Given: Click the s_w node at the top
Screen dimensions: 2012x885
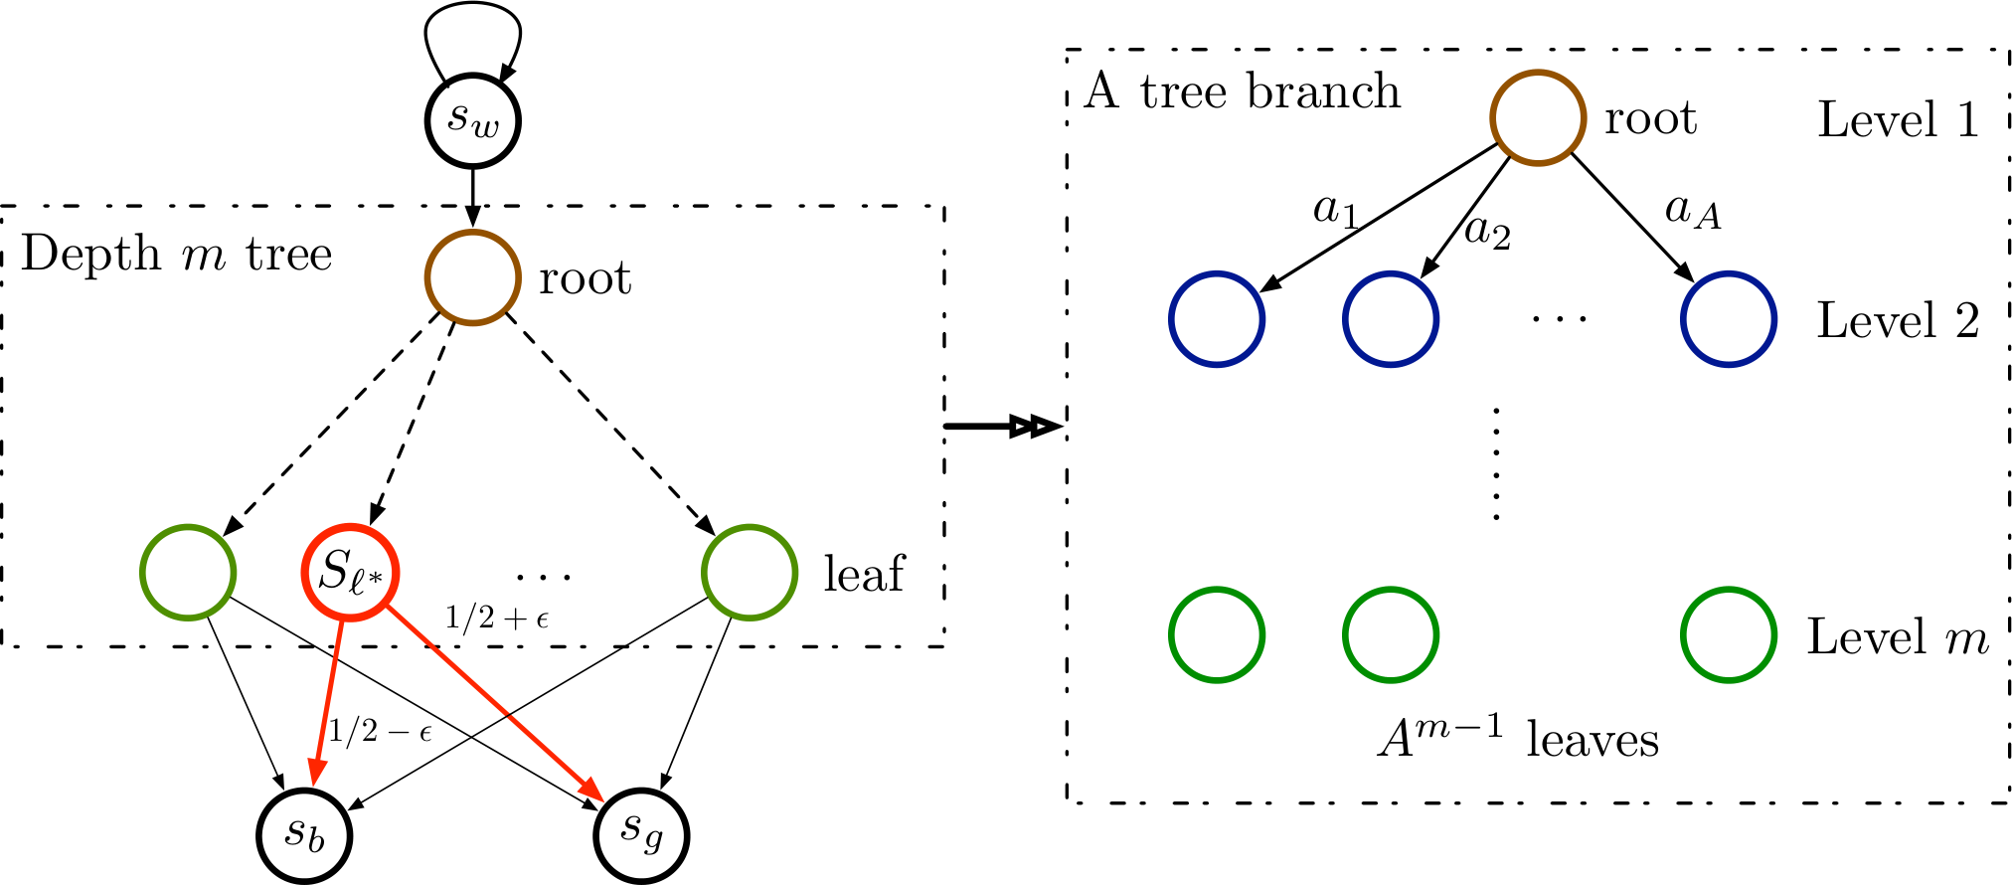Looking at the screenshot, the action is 472,120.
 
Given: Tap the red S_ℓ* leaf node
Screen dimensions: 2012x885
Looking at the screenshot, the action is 350,573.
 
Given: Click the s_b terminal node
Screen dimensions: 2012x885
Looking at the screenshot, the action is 304,835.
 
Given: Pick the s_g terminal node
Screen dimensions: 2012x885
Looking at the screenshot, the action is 641,835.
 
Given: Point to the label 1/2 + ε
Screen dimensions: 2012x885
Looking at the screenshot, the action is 497,619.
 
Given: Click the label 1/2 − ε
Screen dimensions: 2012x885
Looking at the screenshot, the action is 381,733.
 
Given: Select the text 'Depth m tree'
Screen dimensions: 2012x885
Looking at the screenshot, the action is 177,255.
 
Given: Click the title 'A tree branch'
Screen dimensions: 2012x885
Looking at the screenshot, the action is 1243,91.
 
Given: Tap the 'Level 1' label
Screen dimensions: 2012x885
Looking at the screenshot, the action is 1898,120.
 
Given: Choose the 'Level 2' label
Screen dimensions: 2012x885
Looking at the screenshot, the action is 1898,320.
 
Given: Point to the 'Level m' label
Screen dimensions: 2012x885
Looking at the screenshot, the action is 1898,636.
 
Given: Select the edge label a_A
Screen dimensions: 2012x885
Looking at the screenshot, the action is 1693,212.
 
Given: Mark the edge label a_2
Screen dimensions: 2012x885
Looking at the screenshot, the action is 1488,232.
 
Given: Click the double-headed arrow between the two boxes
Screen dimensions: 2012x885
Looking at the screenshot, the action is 1003,428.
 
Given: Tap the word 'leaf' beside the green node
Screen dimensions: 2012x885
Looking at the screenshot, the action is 864,574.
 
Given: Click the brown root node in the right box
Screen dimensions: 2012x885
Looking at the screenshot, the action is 1537,117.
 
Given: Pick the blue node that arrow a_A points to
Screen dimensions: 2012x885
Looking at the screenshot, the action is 1729,319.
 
